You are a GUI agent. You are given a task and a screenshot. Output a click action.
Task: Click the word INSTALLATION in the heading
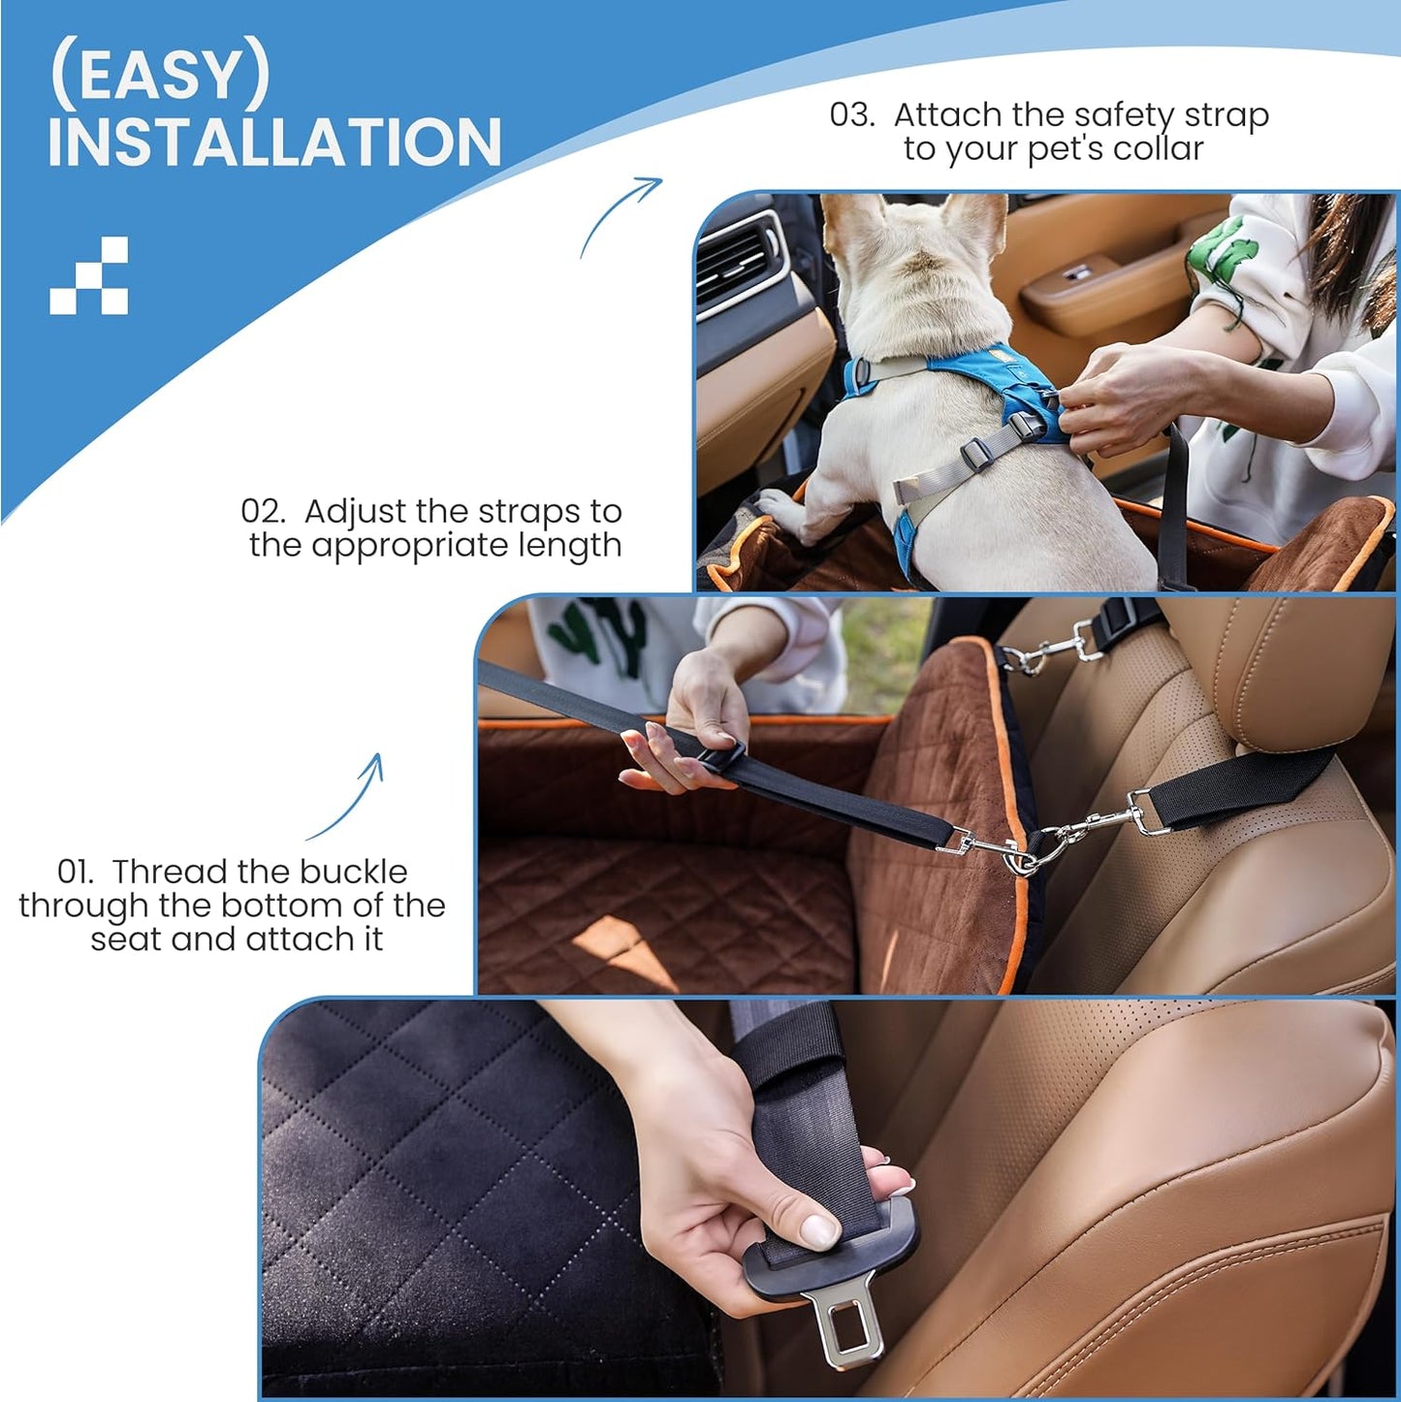pos(274,143)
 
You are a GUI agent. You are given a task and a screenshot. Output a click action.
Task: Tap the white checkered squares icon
pos(89,275)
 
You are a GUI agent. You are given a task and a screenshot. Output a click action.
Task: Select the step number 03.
pos(851,114)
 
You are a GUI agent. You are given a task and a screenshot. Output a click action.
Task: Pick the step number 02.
pos(263,511)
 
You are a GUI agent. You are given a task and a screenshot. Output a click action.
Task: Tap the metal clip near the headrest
pos(1052,651)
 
